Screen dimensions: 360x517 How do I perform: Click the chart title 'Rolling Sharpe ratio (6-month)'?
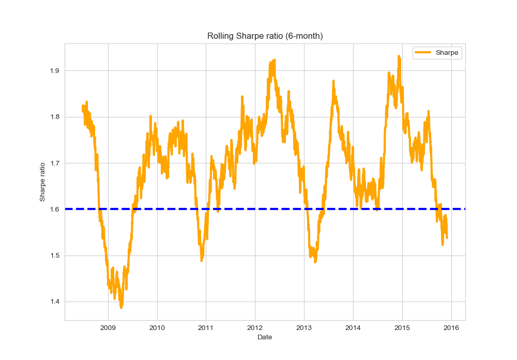click(265, 36)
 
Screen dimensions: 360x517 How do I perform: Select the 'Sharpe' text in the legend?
click(447, 53)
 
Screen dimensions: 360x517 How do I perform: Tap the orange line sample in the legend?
click(423, 53)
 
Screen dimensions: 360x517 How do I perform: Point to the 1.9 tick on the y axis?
click(54, 70)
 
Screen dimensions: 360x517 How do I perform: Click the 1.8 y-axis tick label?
click(54, 117)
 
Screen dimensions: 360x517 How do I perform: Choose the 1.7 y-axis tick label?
click(54, 163)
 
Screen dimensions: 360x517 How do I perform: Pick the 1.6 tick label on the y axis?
click(54, 209)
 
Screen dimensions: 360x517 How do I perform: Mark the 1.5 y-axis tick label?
click(54, 256)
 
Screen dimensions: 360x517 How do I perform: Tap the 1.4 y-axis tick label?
click(54, 302)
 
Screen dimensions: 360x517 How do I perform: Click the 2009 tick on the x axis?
click(108, 327)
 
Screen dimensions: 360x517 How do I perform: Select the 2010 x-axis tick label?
click(157, 327)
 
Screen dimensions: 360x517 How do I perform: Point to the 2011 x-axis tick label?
click(206, 327)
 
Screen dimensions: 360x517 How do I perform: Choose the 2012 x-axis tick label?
click(255, 327)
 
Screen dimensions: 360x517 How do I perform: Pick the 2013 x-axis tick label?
click(304, 327)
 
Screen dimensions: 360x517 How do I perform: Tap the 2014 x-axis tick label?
click(353, 327)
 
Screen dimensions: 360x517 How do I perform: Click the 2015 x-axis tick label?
click(402, 327)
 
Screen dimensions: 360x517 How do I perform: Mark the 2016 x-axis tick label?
click(451, 327)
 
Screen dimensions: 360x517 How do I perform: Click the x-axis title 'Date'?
click(265, 337)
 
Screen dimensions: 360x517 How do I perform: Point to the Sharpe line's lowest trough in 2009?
click(121, 307)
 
